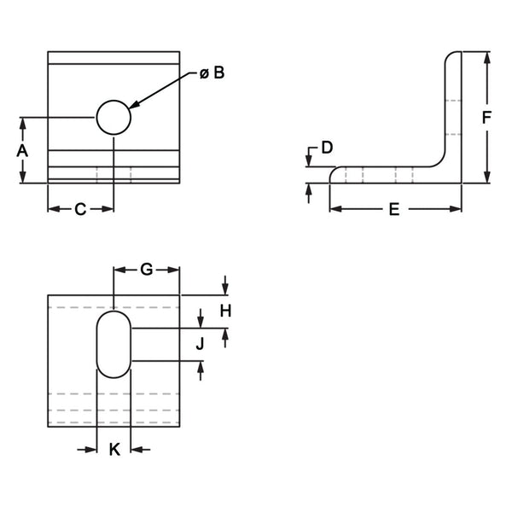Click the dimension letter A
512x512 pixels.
(x=23, y=150)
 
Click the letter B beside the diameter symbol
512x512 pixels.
(x=218, y=73)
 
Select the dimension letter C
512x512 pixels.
(x=80, y=209)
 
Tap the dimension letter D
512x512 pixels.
(x=326, y=148)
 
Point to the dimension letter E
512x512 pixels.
(x=394, y=209)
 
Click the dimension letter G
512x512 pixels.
(x=147, y=270)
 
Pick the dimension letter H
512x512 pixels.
(x=225, y=311)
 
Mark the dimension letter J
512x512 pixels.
(x=201, y=344)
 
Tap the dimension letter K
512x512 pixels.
(x=114, y=449)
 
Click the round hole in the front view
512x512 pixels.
(x=113, y=117)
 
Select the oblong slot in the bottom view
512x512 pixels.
(x=113, y=344)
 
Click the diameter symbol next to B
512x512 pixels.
(x=205, y=74)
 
